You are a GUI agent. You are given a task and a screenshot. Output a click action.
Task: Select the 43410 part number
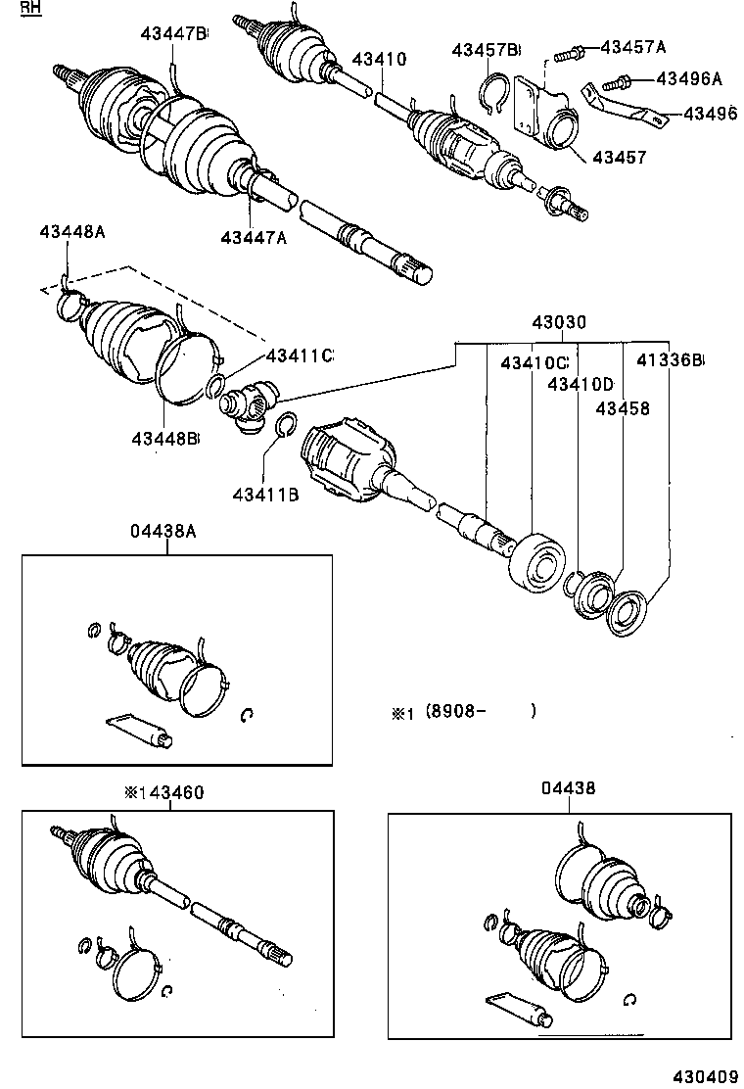[377, 60]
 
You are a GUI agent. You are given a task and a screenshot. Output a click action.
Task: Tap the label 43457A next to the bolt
[632, 47]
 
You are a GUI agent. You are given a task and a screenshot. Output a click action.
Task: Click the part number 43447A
[254, 237]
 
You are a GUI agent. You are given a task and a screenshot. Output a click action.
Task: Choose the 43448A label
[72, 232]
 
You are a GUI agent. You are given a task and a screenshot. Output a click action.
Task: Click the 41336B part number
[671, 361]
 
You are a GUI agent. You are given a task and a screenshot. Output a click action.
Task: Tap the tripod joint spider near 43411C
[252, 404]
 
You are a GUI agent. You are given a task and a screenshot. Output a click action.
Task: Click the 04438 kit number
[567, 788]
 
